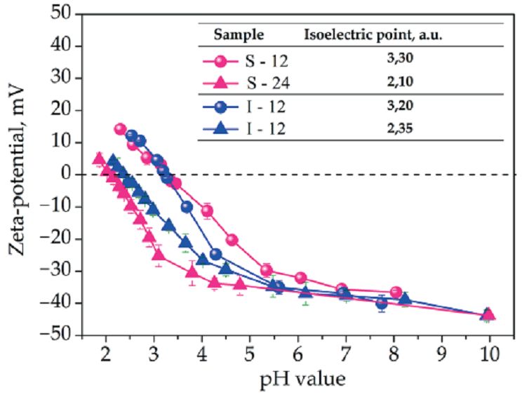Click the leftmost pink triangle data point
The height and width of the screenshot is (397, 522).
click(x=99, y=159)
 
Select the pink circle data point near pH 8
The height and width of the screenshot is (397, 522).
click(x=396, y=292)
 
